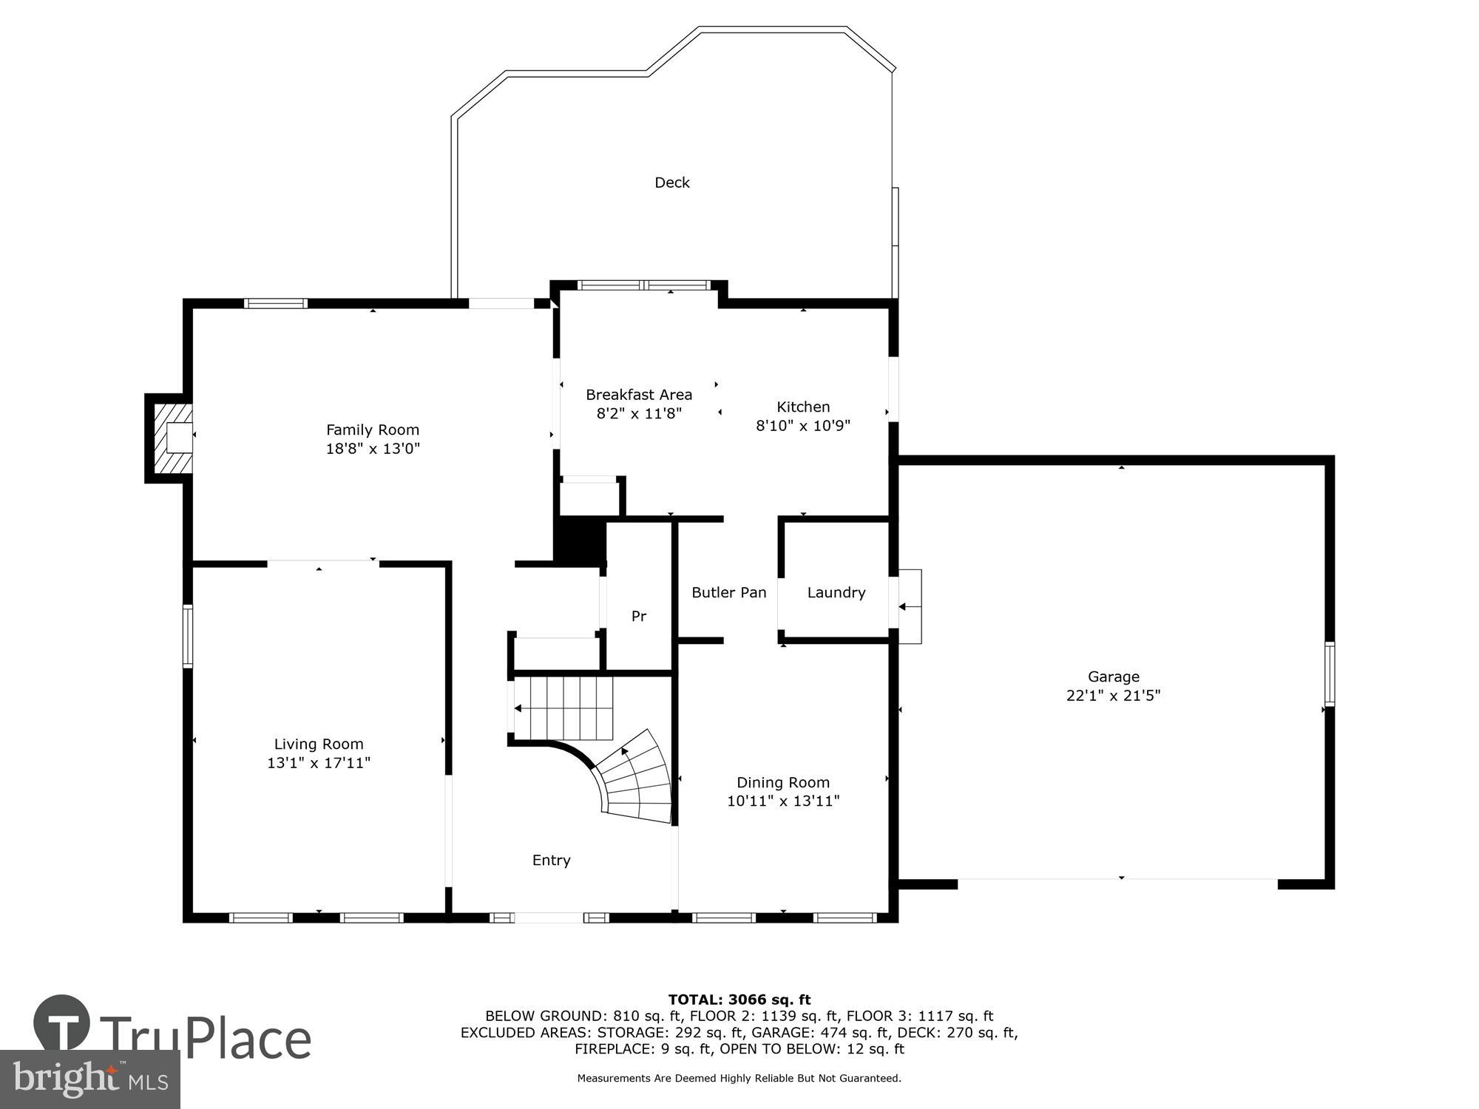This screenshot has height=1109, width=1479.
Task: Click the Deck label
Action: click(x=671, y=183)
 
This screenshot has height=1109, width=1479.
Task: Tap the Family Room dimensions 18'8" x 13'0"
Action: click(x=373, y=449)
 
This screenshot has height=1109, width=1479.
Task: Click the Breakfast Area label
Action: click(x=639, y=395)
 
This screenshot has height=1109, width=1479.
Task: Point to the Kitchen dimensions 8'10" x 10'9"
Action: click(x=803, y=426)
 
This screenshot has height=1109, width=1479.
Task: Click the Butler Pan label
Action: click(x=728, y=592)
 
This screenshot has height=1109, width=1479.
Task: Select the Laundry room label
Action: click(x=836, y=592)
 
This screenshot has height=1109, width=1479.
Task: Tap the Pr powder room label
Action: click(x=638, y=616)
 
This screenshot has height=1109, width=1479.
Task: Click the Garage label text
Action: click(x=1113, y=676)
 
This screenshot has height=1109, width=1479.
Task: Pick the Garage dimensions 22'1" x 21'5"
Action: click(x=1113, y=696)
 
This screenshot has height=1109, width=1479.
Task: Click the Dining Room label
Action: click(x=782, y=782)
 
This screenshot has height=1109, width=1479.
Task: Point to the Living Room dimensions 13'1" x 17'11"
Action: click(x=319, y=763)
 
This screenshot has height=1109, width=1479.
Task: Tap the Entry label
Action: click(x=551, y=860)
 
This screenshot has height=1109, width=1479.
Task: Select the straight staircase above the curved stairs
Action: click(x=563, y=708)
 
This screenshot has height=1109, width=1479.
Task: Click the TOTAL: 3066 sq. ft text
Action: click(x=739, y=1000)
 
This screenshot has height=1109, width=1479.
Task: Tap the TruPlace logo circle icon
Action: click(x=61, y=1024)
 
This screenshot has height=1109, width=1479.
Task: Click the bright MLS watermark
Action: click(x=90, y=1079)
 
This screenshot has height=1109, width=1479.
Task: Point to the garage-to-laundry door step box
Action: click(x=910, y=606)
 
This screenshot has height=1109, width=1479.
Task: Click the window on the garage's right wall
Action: click(x=1329, y=674)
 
